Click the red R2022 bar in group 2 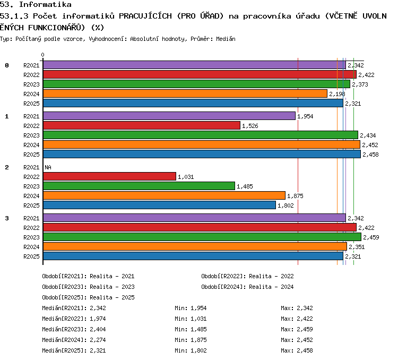click(x=109, y=176)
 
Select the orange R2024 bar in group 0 click(x=185, y=93)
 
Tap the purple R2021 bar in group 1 click(x=169, y=116)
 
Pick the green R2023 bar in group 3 click(x=202, y=237)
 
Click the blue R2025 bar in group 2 click(x=159, y=205)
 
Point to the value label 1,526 click(x=250, y=126)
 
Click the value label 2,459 click(x=371, y=237)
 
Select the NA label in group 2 click(x=48, y=167)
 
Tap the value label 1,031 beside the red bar click(x=186, y=177)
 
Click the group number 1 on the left click(x=6, y=116)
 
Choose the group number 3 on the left click(x=6, y=218)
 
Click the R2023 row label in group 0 click(x=31, y=84)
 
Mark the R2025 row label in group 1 click(x=31, y=155)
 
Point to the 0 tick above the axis click(x=42, y=55)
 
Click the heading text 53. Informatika click(x=36, y=4)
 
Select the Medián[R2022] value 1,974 click(x=98, y=319)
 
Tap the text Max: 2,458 click(x=297, y=350)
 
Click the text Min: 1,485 click(x=191, y=329)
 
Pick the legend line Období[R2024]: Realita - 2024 click(x=247, y=287)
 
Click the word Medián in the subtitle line click(x=226, y=39)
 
